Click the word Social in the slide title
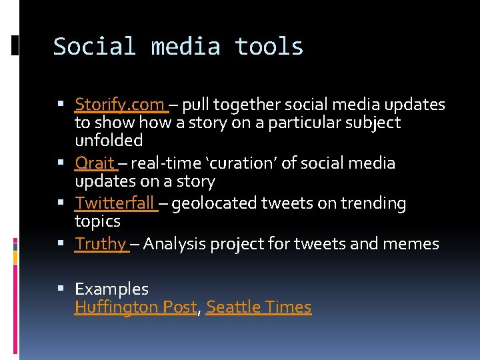click(x=94, y=47)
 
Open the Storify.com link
click(x=119, y=105)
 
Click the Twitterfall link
click(x=114, y=203)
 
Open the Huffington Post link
click(x=136, y=307)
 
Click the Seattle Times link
click(x=259, y=307)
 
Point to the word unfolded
click(x=109, y=141)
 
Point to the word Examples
click(x=111, y=289)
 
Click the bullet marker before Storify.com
click(x=61, y=105)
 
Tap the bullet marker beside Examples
click(x=61, y=289)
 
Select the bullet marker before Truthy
click(x=61, y=244)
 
